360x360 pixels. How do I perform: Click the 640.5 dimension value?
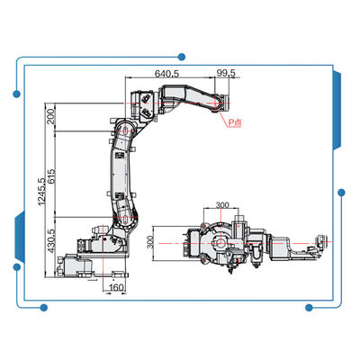(166, 73)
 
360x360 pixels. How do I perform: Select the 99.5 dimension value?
(227, 73)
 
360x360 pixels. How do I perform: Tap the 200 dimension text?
(51, 117)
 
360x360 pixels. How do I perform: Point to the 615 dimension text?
(51, 177)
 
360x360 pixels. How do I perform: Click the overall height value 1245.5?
(41, 192)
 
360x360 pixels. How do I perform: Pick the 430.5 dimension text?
(51, 240)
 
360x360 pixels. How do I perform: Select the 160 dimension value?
(116, 287)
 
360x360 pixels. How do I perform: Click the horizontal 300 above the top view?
(222, 205)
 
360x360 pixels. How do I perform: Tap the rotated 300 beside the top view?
(150, 242)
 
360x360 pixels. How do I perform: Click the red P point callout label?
(234, 122)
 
